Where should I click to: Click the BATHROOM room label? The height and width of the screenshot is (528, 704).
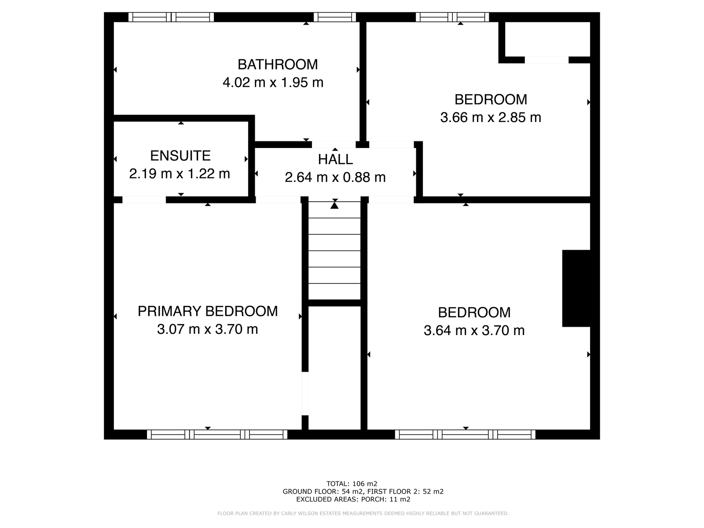pos(278,65)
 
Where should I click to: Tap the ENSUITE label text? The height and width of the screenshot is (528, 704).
pos(180,156)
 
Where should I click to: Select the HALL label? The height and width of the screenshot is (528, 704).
pos(335,159)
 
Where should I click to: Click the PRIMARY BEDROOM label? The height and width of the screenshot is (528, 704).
pos(208,311)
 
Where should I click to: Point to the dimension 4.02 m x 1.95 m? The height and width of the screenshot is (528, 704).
pos(273,82)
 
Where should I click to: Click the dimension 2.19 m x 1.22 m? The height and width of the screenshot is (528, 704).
pos(180,174)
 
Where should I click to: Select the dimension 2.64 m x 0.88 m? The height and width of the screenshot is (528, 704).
pos(335,177)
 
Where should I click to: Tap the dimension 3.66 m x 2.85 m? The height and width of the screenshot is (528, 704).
pos(491,118)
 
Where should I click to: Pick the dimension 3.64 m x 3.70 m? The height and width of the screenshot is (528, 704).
pos(474,331)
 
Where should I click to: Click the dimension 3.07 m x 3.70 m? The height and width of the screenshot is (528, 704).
pos(208,329)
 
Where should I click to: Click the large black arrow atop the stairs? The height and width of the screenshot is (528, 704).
pos(334,204)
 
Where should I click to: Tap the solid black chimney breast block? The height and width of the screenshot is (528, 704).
pos(576,288)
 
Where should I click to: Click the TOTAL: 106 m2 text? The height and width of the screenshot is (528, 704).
pos(352,484)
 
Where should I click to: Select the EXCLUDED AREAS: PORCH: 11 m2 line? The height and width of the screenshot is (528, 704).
pos(353,499)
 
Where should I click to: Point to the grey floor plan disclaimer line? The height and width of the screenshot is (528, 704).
pos(363,513)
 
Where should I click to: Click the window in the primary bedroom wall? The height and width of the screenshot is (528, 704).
pos(217,435)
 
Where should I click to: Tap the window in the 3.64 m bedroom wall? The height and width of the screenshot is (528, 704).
pos(465,435)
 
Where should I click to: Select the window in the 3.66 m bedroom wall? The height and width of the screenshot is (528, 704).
pos(452,17)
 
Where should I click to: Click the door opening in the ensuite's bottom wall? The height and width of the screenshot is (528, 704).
pos(144,199)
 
